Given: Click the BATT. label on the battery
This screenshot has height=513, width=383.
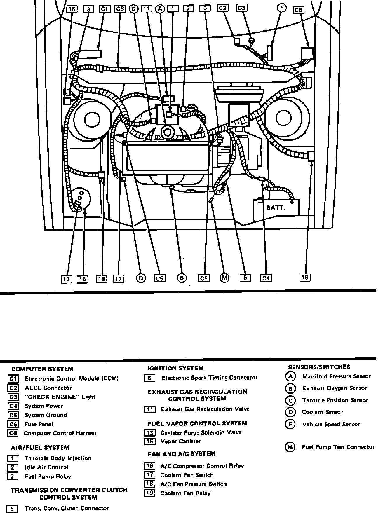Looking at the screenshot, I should (x=276, y=208).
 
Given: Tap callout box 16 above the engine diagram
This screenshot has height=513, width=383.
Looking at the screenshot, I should (x=72, y=9).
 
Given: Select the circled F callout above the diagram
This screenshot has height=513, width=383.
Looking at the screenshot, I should (x=282, y=8).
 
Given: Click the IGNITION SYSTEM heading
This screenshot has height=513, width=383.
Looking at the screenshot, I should (x=175, y=368).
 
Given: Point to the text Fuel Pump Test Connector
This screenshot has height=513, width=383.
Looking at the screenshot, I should (x=338, y=447).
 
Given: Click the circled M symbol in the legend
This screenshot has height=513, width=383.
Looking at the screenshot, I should (x=290, y=447).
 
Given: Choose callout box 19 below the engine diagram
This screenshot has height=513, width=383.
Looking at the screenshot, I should (x=305, y=277).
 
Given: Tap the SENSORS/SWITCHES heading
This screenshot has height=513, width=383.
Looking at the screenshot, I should (x=319, y=367).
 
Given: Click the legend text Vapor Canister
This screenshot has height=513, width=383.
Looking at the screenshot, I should (x=181, y=441).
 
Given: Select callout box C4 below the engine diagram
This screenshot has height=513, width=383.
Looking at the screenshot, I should (x=266, y=278).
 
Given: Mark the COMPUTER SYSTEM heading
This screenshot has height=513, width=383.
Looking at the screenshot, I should (x=42, y=369).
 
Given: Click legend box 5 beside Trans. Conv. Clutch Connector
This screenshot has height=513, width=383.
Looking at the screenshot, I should (x=12, y=509).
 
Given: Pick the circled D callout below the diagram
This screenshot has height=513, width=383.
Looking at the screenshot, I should (x=141, y=278).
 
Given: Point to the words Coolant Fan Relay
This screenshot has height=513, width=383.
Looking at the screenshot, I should (x=185, y=493).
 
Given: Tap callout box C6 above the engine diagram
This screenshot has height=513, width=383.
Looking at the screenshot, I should (x=298, y=10).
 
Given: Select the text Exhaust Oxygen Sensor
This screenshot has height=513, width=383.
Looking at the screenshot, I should (x=335, y=388).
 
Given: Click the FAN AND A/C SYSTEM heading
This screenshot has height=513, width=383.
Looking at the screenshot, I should (x=182, y=454).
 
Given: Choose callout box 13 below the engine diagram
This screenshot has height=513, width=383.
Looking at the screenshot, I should (x=67, y=279).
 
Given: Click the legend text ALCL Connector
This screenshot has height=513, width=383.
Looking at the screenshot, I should (x=48, y=388).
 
